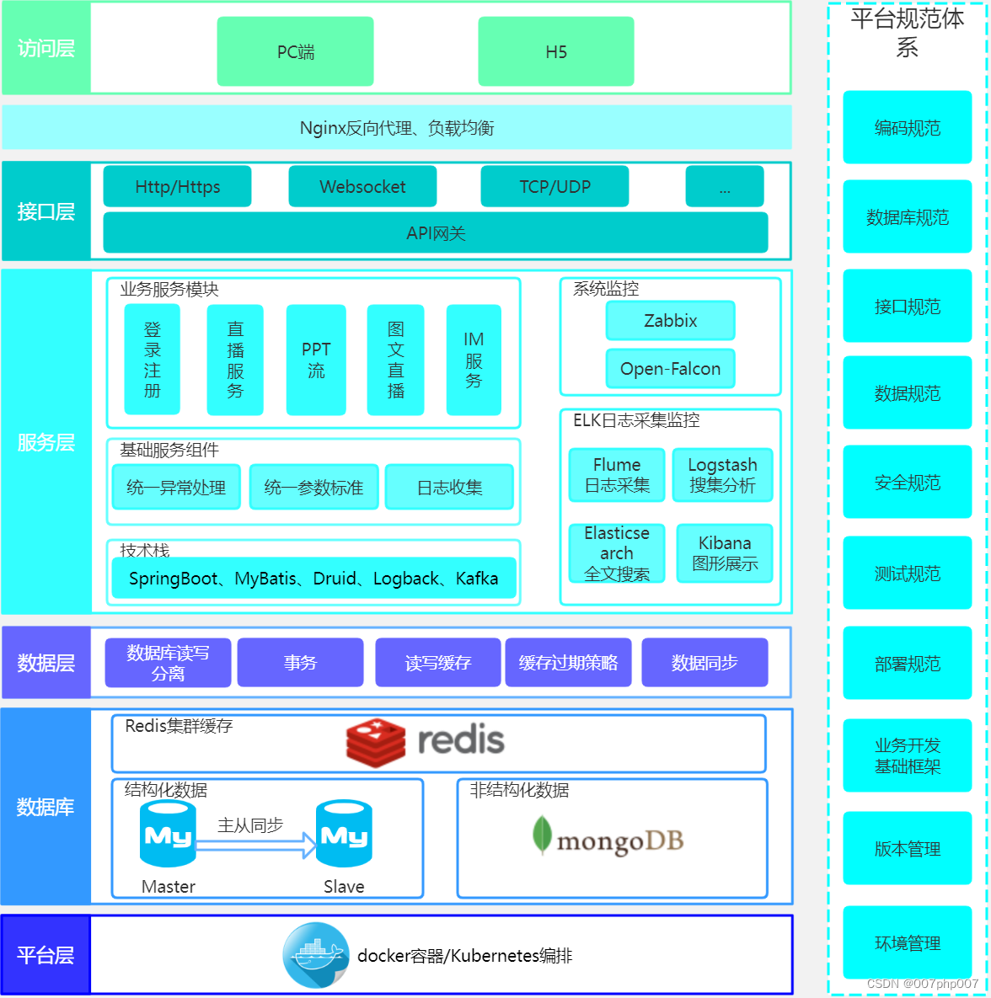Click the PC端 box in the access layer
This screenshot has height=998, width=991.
(295, 51)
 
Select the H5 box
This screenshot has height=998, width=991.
(556, 51)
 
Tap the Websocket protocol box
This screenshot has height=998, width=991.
(362, 186)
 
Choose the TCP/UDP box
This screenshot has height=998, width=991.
(554, 186)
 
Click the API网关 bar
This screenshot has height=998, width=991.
(436, 232)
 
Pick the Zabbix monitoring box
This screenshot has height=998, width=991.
(671, 321)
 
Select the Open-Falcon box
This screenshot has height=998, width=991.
(671, 369)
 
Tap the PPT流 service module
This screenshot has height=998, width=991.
(316, 360)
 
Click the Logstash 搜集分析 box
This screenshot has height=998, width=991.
(722, 475)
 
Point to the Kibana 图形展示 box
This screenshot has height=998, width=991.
(725, 553)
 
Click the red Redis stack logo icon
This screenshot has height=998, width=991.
(376, 742)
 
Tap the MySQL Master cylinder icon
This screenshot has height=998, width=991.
(168, 834)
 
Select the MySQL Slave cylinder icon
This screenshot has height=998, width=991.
(344, 834)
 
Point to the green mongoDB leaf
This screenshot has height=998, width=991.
(542, 835)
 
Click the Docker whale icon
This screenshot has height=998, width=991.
(316, 955)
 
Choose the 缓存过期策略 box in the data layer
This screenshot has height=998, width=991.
(568, 663)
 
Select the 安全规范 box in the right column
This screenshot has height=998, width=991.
(908, 483)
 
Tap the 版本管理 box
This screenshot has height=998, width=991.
(908, 848)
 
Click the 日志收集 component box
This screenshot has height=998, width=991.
(449, 487)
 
